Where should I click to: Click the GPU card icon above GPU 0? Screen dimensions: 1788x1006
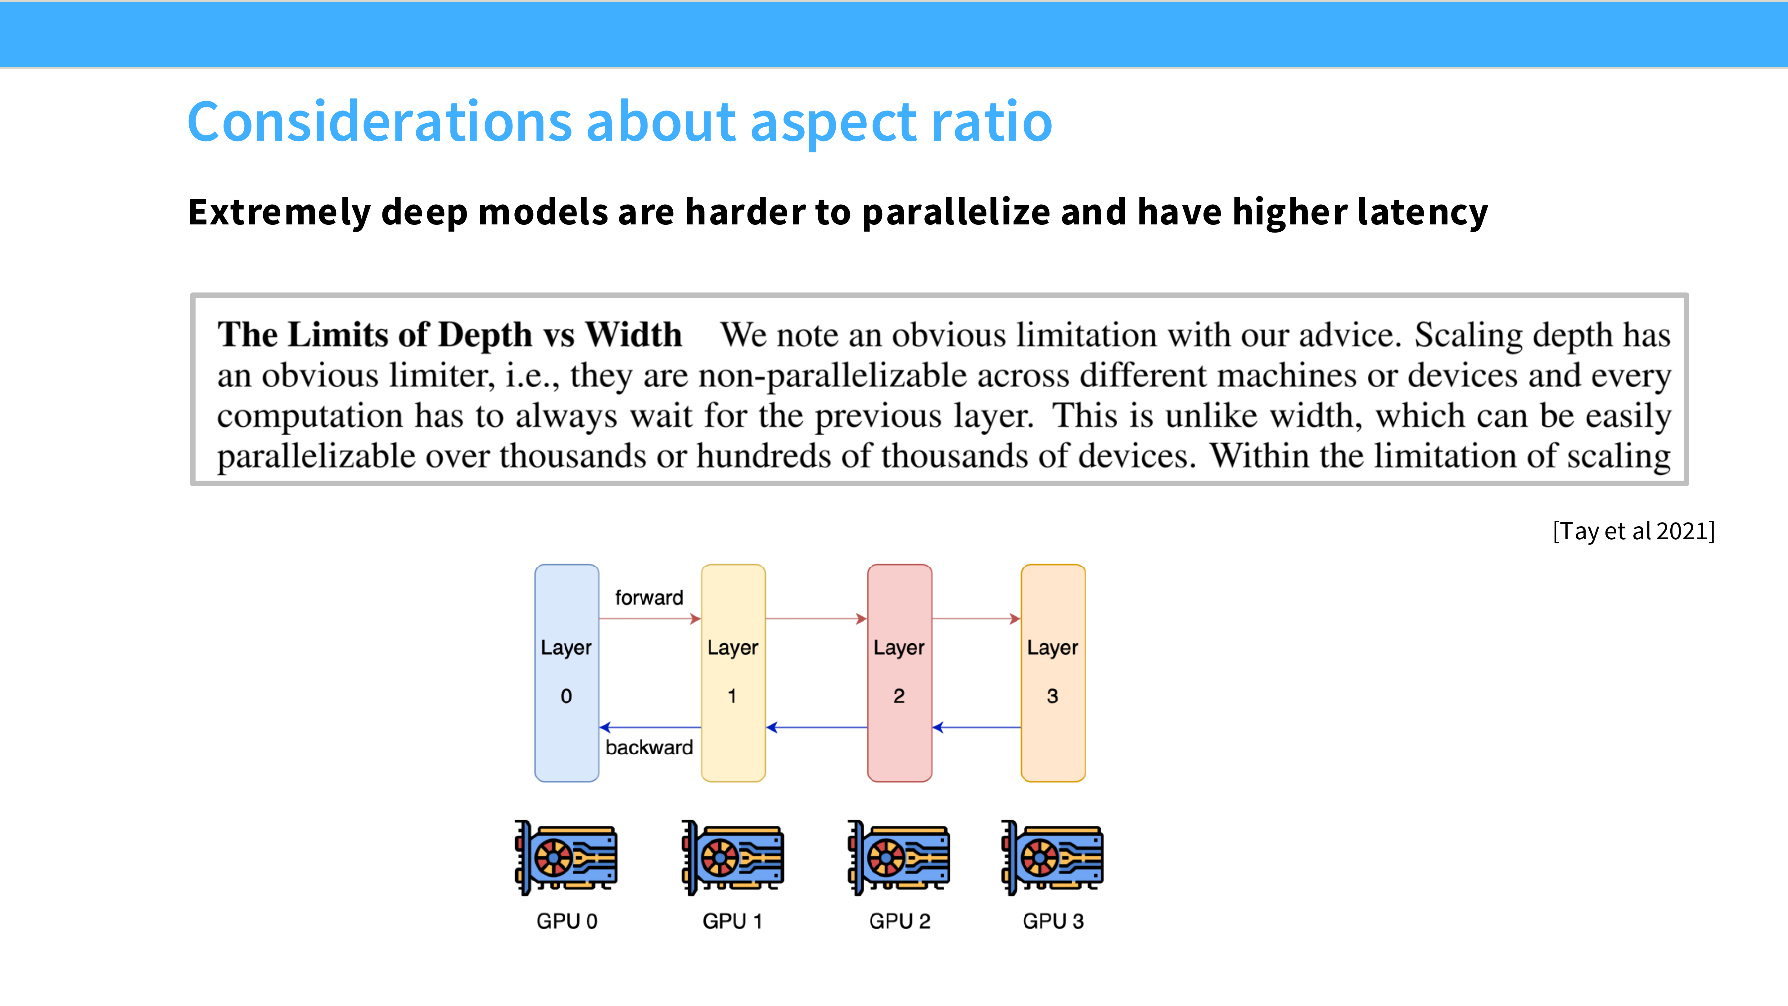point(567,857)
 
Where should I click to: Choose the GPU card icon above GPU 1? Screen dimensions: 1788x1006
point(733,857)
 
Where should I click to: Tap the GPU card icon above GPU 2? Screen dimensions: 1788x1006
point(900,857)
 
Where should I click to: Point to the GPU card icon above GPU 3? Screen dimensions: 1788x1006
point(1053,857)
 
